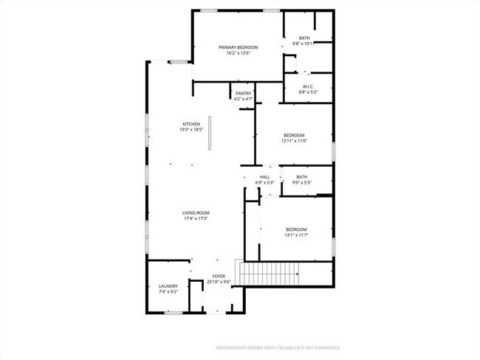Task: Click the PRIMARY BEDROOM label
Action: [x=238, y=47]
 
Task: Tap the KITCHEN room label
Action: [x=191, y=123]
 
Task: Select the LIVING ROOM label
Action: [x=196, y=212]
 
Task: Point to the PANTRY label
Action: [x=244, y=93]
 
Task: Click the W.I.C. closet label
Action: [x=308, y=86]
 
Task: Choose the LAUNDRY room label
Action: [x=168, y=286]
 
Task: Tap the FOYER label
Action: [x=219, y=276]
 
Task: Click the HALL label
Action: [x=264, y=177]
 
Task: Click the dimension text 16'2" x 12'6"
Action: [x=238, y=53]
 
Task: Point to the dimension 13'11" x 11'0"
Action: [x=294, y=141]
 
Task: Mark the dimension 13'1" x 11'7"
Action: [x=296, y=235]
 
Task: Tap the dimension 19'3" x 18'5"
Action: [x=191, y=129]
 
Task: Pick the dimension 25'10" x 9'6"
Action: [x=219, y=282]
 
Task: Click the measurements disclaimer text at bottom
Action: [x=278, y=347]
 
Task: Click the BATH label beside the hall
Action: [x=301, y=177]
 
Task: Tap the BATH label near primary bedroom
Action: [x=304, y=38]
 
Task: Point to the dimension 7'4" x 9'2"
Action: [x=168, y=292]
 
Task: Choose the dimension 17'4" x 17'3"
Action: [x=196, y=218]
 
